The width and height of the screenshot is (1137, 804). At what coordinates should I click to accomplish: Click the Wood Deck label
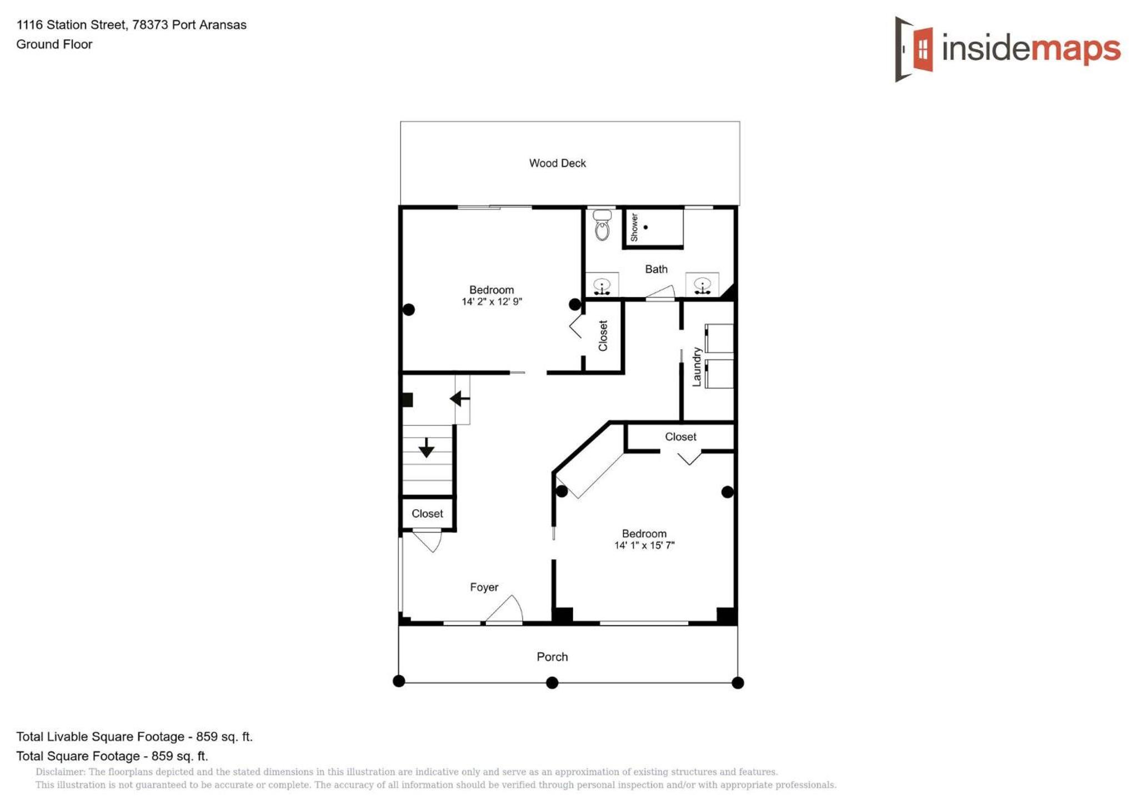coord(557,163)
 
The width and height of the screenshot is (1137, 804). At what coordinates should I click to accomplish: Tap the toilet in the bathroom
coord(602,225)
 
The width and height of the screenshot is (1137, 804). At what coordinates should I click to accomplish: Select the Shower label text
coord(634,228)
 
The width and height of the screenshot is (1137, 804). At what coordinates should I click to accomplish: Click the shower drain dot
coord(645,228)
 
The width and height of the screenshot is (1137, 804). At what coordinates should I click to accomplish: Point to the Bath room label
coord(656,269)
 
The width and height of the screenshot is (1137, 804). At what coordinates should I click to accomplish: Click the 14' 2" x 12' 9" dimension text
coord(492,301)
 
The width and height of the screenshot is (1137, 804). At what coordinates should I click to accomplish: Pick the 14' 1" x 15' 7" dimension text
coord(644,545)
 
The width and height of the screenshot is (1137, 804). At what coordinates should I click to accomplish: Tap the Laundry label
coord(697,367)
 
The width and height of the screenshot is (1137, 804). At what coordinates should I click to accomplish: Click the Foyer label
coord(484,587)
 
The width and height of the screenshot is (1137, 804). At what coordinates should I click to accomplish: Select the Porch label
coord(552,657)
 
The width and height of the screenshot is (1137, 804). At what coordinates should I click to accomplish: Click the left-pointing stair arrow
coord(459,399)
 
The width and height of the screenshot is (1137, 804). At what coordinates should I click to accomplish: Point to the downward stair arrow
coord(426,448)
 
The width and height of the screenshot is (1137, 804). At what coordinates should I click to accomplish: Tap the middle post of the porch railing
coord(552,683)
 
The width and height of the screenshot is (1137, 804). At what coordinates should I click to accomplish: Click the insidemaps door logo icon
coord(913,49)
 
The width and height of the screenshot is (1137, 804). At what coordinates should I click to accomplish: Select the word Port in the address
coord(183,25)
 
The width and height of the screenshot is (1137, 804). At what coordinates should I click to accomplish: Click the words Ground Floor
coord(54,44)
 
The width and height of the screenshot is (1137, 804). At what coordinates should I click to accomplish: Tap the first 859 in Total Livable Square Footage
coord(207,737)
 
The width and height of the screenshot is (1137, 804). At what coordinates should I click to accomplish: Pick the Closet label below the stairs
coord(427,514)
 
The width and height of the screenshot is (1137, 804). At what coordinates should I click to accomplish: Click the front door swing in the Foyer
coord(504,609)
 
